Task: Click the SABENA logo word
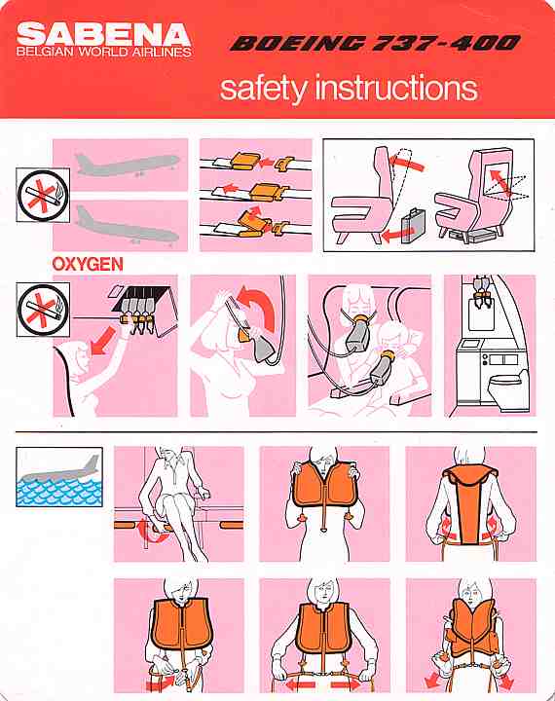(x=104, y=33)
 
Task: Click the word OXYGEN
(x=88, y=264)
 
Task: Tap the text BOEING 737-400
(x=375, y=43)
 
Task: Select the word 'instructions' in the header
(x=396, y=88)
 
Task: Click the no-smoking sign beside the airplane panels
(x=43, y=195)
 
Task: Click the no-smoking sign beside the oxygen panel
(x=43, y=310)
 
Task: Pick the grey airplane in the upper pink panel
(x=127, y=165)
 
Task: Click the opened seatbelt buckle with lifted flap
(x=252, y=222)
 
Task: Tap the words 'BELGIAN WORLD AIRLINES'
(x=104, y=52)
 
